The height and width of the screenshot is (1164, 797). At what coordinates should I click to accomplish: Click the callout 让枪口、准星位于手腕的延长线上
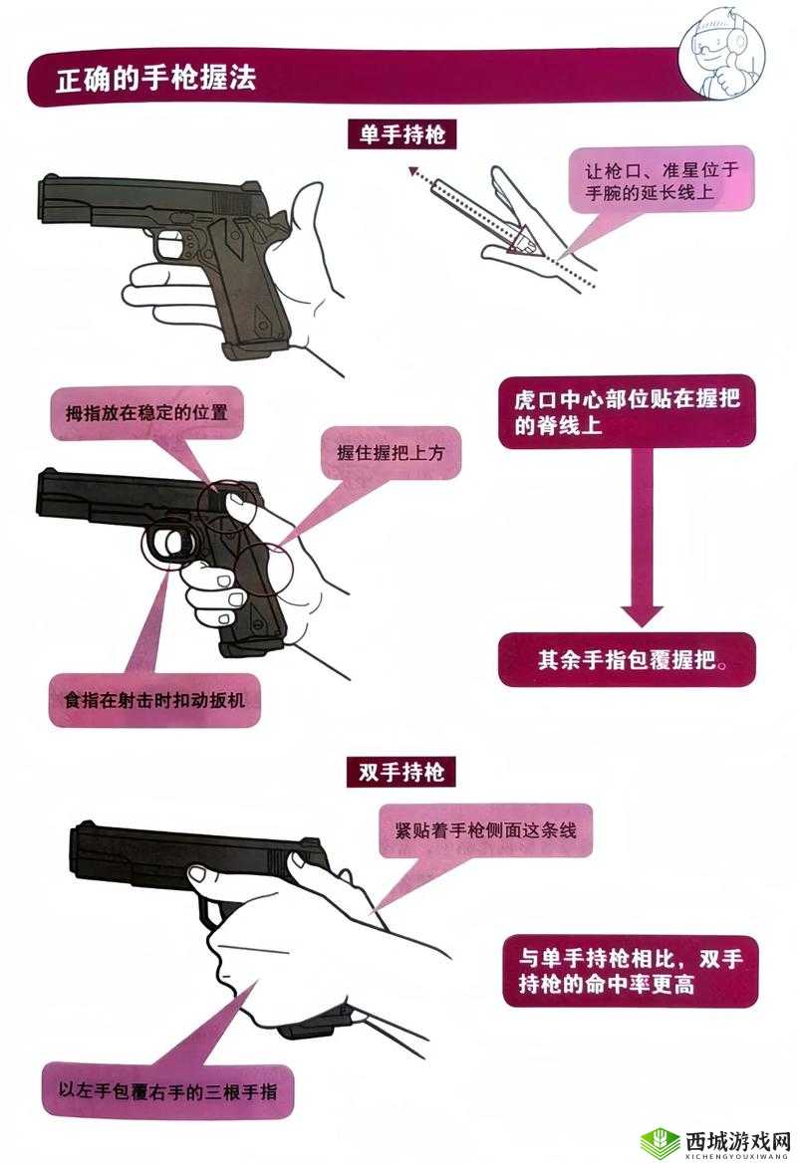click(x=660, y=181)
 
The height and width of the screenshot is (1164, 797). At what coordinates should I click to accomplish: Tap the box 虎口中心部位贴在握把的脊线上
click(x=627, y=413)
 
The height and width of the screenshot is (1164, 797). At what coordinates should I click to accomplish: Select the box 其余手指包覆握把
click(x=627, y=659)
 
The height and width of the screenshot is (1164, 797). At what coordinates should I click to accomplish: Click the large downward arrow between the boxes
click(x=642, y=597)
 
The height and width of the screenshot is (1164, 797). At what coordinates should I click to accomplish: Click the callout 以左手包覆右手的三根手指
click(x=167, y=1094)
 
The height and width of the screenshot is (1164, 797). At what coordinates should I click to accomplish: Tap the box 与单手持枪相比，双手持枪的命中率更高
click(x=631, y=971)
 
